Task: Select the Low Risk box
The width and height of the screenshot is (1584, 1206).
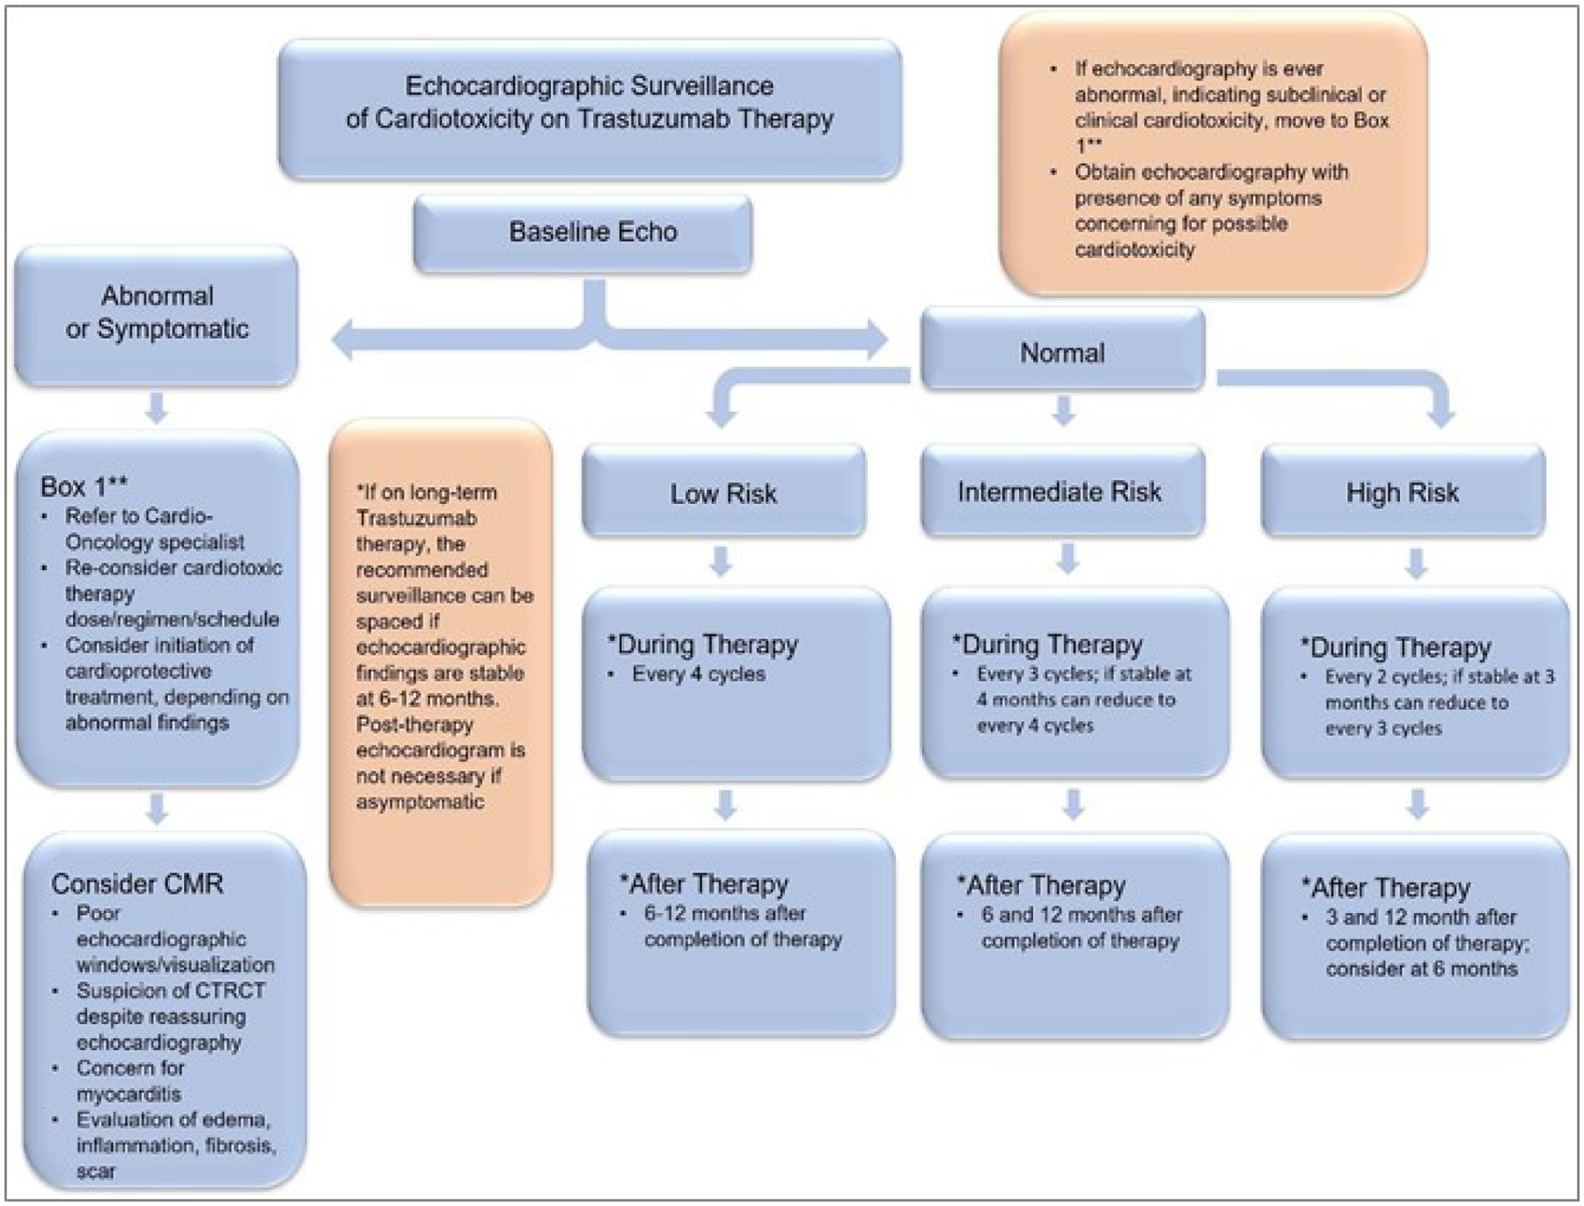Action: click(723, 493)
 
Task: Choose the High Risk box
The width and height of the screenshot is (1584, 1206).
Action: click(1402, 492)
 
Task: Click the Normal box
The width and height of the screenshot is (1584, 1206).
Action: click(1062, 352)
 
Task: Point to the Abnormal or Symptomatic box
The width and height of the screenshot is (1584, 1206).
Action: click(157, 312)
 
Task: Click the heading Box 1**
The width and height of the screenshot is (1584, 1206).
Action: click(84, 486)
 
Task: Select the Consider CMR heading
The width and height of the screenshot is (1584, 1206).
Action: click(137, 883)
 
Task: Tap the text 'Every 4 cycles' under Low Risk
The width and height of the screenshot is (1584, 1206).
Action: click(698, 674)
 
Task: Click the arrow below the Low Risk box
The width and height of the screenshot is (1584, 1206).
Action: click(721, 561)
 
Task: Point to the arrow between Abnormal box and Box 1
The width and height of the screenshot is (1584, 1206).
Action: click(157, 408)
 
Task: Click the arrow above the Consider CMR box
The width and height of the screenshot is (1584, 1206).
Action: click(157, 808)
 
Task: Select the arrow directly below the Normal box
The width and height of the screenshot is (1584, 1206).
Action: click(1064, 410)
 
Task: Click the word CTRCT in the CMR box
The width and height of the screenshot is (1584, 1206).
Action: click(232, 990)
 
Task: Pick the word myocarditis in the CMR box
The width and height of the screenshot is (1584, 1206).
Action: click(128, 1093)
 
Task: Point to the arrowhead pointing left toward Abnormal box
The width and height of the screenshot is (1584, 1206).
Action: click(345, 340)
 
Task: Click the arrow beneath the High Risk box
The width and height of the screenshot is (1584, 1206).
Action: click(1416, 563)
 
